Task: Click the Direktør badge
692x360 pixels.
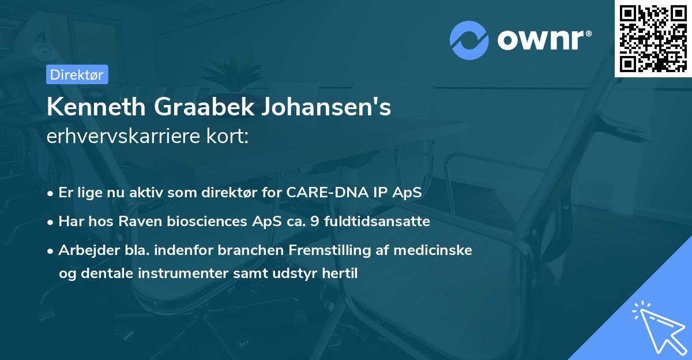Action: [x=76, y=74]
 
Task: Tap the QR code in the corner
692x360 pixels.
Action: [x=652, y=37]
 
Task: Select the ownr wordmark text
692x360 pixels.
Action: [x=543, y=40]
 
